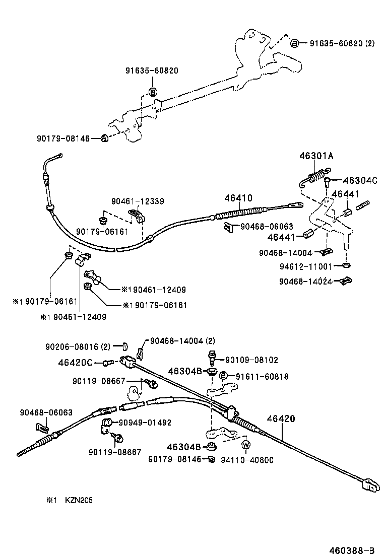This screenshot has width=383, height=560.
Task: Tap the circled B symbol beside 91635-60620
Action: click(x=295, y=43)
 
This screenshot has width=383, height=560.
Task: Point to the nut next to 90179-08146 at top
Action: click(x=103, y=138)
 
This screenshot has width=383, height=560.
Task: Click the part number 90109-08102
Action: click(x=251, y=360)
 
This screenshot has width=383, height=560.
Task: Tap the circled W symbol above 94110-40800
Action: click(x=246, y=445)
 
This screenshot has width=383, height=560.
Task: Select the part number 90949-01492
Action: click(x=145, y=423)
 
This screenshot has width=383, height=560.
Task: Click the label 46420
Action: click(x=281, y=418)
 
